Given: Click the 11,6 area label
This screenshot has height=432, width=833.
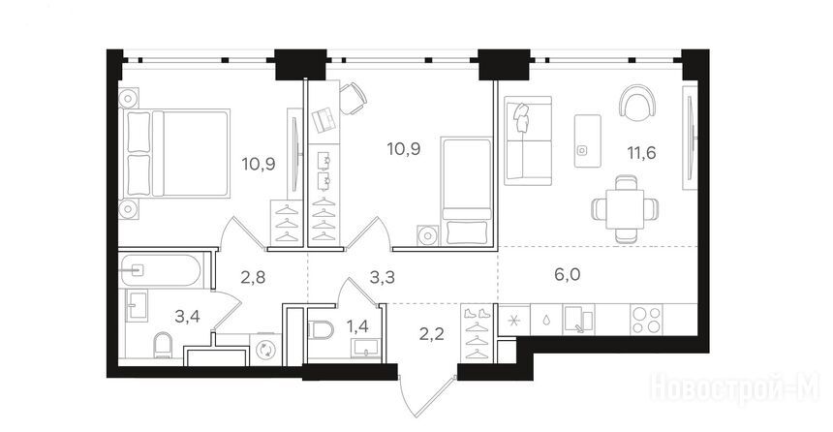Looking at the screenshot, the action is (641, 153).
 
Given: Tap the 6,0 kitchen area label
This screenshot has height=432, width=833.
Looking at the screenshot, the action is (568, 275).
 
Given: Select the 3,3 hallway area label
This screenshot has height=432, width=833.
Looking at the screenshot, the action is (383, 277).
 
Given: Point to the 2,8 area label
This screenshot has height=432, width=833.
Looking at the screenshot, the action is (253, 277).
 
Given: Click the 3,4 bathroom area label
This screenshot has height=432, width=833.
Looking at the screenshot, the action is (188, 317).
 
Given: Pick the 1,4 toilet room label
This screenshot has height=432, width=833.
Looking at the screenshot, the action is (357, 325).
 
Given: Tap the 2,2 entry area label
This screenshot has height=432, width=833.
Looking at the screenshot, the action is (431, 335).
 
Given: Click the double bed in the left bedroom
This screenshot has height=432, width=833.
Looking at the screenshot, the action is (177, 154).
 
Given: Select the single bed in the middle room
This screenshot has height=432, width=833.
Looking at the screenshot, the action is (467, 191).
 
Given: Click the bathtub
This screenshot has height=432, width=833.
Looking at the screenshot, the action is (161, 271).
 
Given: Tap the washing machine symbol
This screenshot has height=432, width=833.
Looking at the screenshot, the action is (264, 351).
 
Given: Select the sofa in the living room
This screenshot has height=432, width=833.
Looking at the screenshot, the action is (528, 140).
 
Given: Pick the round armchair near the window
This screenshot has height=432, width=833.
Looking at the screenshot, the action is (637, 102).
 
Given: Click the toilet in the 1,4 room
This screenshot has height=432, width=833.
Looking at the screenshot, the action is (321, 330).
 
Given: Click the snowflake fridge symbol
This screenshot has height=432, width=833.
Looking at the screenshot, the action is (513, 321).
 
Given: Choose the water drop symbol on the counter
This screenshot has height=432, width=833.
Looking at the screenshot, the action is (546, 321).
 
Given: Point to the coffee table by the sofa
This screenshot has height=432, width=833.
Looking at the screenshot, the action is (587, 140).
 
